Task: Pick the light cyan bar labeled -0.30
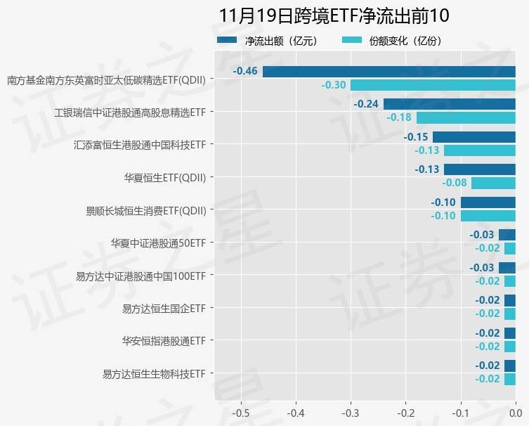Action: (433, 85)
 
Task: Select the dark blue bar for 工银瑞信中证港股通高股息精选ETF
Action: (450, 104)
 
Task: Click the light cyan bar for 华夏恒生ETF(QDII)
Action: (493, 183)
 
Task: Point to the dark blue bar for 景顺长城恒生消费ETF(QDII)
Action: (488, 202)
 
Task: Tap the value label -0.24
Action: (366, 104)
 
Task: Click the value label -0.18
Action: (399, 117)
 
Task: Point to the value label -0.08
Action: (454, 183)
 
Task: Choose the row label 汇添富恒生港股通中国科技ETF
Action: (140, 145)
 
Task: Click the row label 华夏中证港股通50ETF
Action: (158, 243)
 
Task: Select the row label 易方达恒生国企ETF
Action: (164, 308)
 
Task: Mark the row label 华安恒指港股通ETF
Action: (164, 341)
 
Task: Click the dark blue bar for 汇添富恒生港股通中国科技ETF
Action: (474, 137)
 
